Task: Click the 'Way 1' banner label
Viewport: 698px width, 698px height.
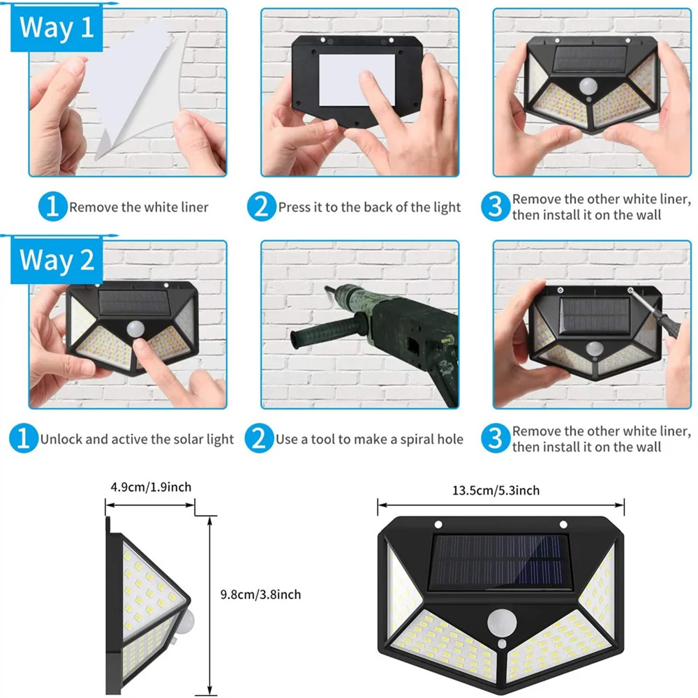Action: (56, 29)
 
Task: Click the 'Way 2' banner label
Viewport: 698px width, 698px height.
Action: (56, 260)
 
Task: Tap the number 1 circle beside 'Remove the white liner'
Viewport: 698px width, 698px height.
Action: (52, 207)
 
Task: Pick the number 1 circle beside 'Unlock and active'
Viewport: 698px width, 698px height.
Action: (23, 439)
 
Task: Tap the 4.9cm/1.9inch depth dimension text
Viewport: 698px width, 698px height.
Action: (151, 487)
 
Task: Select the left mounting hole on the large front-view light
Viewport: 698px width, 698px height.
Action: (438, 524)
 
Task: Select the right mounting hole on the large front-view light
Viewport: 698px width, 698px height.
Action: (562, 524)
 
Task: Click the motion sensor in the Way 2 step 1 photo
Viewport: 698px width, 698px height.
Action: (133, 327)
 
